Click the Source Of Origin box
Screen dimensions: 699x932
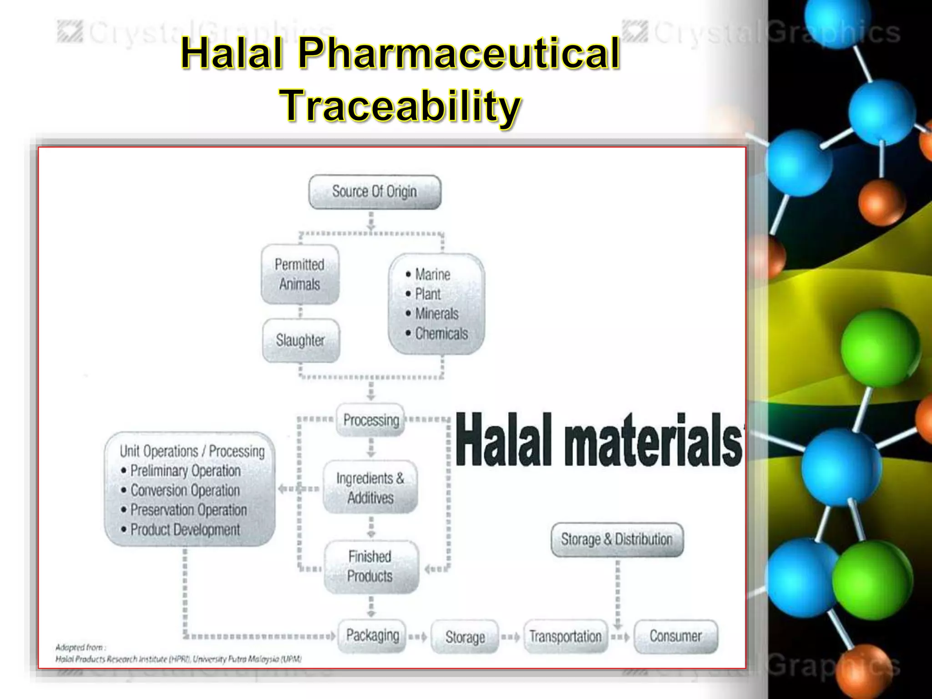(375, 192)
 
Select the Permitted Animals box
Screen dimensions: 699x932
(300, 274)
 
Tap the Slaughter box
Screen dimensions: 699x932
(300, 340)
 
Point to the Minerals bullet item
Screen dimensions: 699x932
(436, 314)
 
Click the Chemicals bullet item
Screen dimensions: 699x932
(441, 334)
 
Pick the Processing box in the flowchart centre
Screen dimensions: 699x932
(370, 420)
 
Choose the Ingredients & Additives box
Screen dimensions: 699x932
(370, 488)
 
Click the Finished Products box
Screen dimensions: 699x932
(370, 567)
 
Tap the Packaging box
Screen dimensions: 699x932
(372, 636)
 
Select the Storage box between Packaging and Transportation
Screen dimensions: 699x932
(465, 637)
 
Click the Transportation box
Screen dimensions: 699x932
(565, 637)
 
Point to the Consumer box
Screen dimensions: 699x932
(675, 636)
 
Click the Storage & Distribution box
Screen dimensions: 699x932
(617, 540)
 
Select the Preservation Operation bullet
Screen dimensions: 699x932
(188, 510)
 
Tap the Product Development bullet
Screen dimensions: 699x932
(185, 530)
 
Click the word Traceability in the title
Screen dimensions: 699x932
(400, 106)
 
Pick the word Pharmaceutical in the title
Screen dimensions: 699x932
(459, 53)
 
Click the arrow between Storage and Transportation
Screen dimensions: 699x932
(511, 637)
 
